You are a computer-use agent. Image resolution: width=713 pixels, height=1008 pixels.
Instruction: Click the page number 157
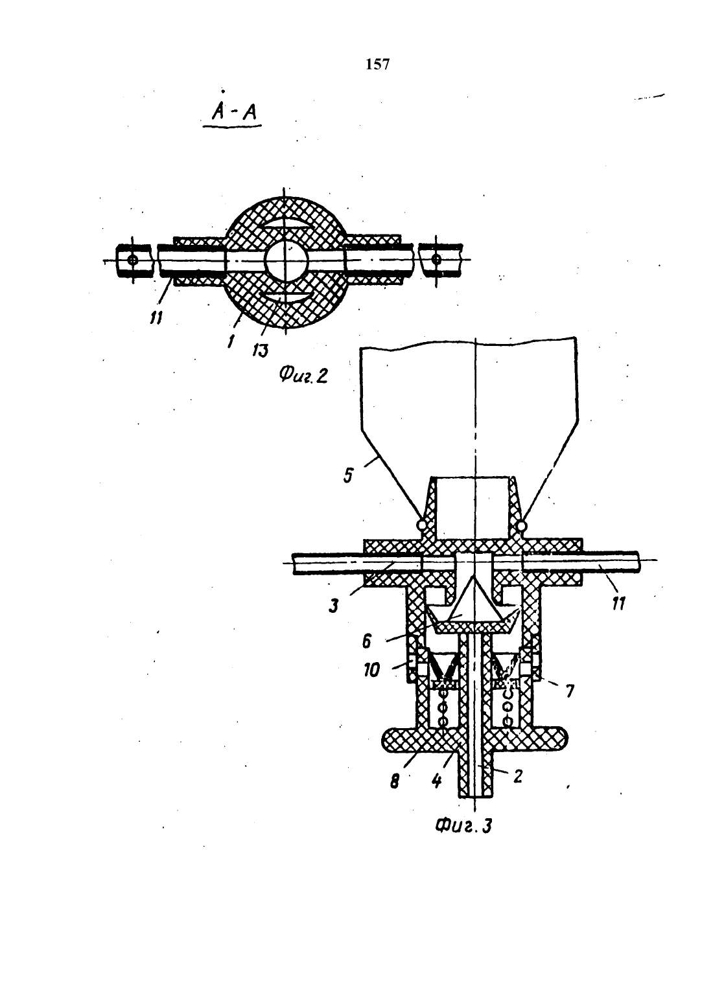(x=378, y=65)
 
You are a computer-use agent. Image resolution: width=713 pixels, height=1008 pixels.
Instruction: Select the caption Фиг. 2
(x=303, y=374)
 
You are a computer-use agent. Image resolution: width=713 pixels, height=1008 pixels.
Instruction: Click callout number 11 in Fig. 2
(x=156, y=318)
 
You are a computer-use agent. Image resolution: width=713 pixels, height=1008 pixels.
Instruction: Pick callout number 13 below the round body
(x=260, y=350)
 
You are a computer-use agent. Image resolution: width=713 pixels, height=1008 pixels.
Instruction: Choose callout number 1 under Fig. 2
(x=231, y=341)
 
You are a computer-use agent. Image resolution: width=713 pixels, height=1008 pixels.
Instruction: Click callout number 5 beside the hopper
(x=348, y=475)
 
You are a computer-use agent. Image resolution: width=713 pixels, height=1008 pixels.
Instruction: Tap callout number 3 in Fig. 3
(x=333, y=606)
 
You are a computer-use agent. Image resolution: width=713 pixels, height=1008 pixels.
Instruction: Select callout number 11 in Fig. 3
(x=618, y=604)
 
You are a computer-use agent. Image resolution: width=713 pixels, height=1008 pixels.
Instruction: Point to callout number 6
(x=366, y=641)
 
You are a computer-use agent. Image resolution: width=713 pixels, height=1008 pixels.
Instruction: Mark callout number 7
(x=570, y=691)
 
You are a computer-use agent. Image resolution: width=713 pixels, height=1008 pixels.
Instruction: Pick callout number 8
(x=394, y=782)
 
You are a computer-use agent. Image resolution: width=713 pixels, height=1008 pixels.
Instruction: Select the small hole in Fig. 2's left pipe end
(x=132, y=260)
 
